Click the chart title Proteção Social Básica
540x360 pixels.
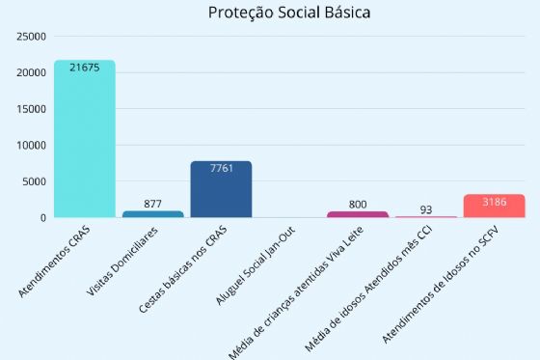(x=289, y=14)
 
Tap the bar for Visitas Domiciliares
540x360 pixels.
(x=152, y=214)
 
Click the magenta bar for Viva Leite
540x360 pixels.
(x=357, y=214)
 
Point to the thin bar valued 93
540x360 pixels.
(x=425, y=217)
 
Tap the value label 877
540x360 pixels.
(x=152, y=203)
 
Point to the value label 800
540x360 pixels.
(x=357, y=204)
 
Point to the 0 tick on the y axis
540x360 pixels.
(x=42, y=218)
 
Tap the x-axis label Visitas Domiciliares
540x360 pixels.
(x=130, y=263)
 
